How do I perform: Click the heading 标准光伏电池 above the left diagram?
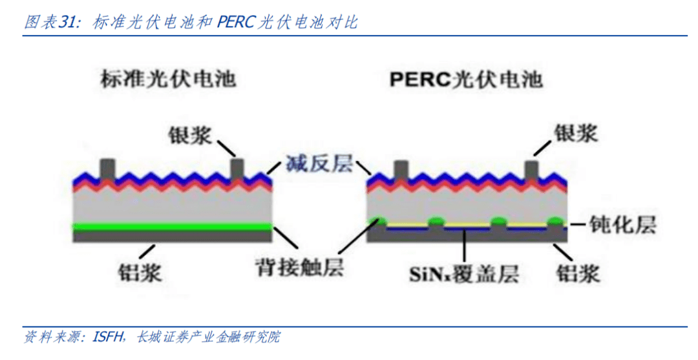point(168,79)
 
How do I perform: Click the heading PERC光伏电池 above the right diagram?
point(466,79)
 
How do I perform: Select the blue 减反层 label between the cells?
point(319,164)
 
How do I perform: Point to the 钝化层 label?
point(623,224)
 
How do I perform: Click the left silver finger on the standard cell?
point(105,169)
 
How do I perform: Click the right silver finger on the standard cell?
point(237,169)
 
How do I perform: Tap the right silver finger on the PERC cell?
point(533,170)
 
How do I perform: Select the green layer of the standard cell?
point(171,226)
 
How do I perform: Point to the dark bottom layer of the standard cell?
point(171,235)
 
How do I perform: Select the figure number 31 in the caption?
point(68,23)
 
